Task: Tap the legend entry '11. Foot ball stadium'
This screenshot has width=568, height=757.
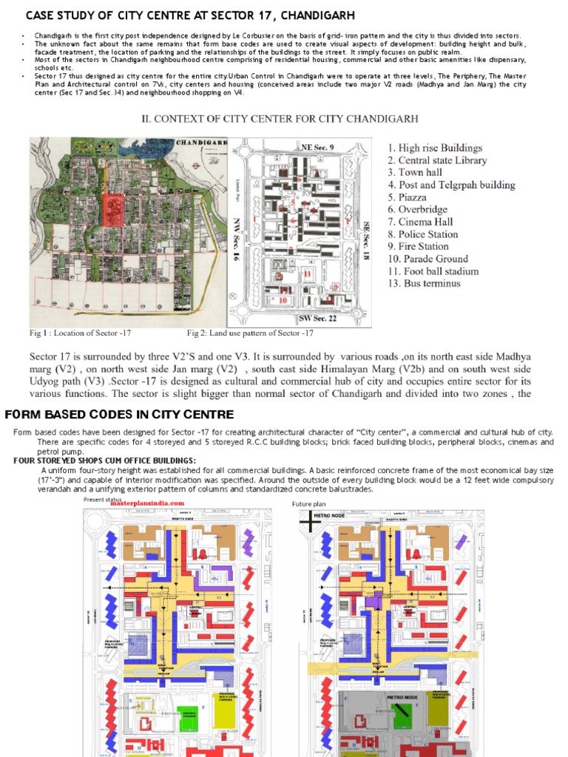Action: point(433,271)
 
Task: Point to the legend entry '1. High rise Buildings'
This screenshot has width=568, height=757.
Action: point(435,148)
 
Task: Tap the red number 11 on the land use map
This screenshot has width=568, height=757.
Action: point(307,274)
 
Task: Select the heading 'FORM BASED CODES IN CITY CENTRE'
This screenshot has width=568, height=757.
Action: point(120,414)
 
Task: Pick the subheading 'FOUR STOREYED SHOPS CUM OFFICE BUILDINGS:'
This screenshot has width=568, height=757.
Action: point(104,461)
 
